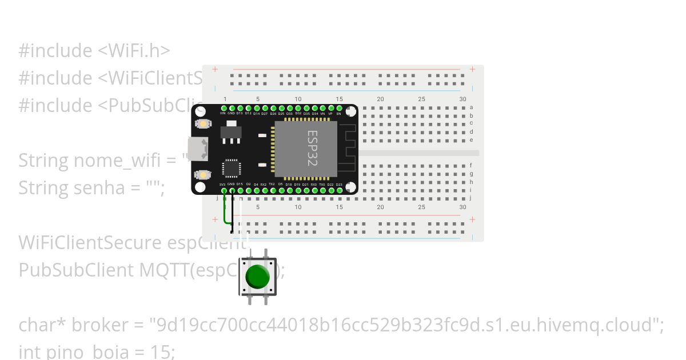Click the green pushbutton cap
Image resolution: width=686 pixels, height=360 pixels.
(x=257, y=277)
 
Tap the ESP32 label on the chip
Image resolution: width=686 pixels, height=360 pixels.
(x=312, y=148)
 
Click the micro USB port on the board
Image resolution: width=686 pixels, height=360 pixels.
(x=198, y=149)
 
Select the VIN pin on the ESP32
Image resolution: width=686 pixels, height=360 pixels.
(x=224, y=108)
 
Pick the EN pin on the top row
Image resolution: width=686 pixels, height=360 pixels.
(x=339, y=108)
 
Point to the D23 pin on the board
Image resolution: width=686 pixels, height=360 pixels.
(x=339, y=190)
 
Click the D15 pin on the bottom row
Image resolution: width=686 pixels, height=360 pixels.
(x=240, y=190)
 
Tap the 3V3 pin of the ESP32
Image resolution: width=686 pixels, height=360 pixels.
(x=224, y=190)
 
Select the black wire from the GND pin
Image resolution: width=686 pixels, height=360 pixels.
(x=232, y=214)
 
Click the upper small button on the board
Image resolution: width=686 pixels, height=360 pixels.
(x=201, y=123)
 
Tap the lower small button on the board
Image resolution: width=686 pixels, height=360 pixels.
(x=201, y=174)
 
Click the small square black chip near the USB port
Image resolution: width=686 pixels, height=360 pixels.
(x=231, y=168)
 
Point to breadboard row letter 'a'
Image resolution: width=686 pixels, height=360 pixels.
(x=472, y=107)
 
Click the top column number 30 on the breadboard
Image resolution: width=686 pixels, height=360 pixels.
(x=462, y=99)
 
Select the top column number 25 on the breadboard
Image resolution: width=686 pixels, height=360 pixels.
(x=421, y=99)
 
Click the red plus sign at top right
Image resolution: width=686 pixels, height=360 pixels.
(x=472, y=69)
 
